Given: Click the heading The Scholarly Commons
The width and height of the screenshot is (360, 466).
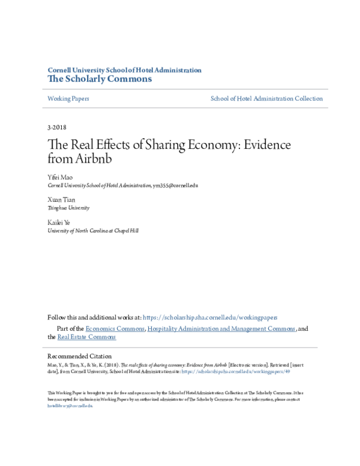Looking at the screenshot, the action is (x=100, y=79).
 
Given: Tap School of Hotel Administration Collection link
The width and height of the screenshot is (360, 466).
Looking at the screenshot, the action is (x=266, y=98).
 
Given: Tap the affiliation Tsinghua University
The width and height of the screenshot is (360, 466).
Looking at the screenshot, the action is (x=68, y=208).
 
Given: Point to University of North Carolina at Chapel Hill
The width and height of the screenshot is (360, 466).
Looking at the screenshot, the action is (x=93, y=230).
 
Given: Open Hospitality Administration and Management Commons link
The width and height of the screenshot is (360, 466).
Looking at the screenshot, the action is (x=221, y=329).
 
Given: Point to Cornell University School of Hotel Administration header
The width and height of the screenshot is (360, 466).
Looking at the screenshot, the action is (x=124, y=70).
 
